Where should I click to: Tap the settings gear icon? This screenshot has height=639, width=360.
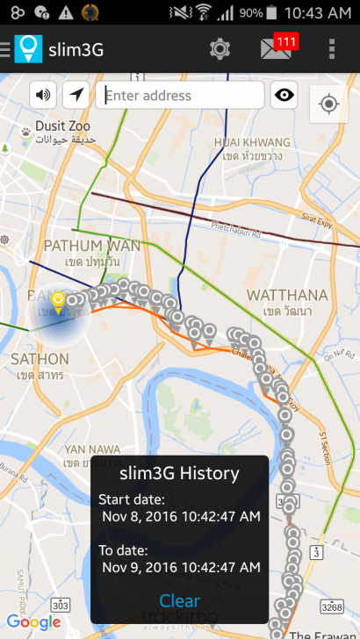220,49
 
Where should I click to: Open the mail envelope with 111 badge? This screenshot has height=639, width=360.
276,49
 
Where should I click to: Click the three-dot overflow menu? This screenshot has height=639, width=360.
331,49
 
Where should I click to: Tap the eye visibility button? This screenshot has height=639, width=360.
284,96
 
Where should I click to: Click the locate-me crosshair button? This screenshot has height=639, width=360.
329,104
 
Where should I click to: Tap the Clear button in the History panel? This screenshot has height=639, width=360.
180,601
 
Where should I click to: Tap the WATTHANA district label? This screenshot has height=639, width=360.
280,294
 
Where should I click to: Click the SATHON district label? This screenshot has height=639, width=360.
40,359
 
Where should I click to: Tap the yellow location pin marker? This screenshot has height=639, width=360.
58,301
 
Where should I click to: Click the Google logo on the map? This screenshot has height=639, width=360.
34,622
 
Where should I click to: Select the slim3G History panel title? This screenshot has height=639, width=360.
179,474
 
